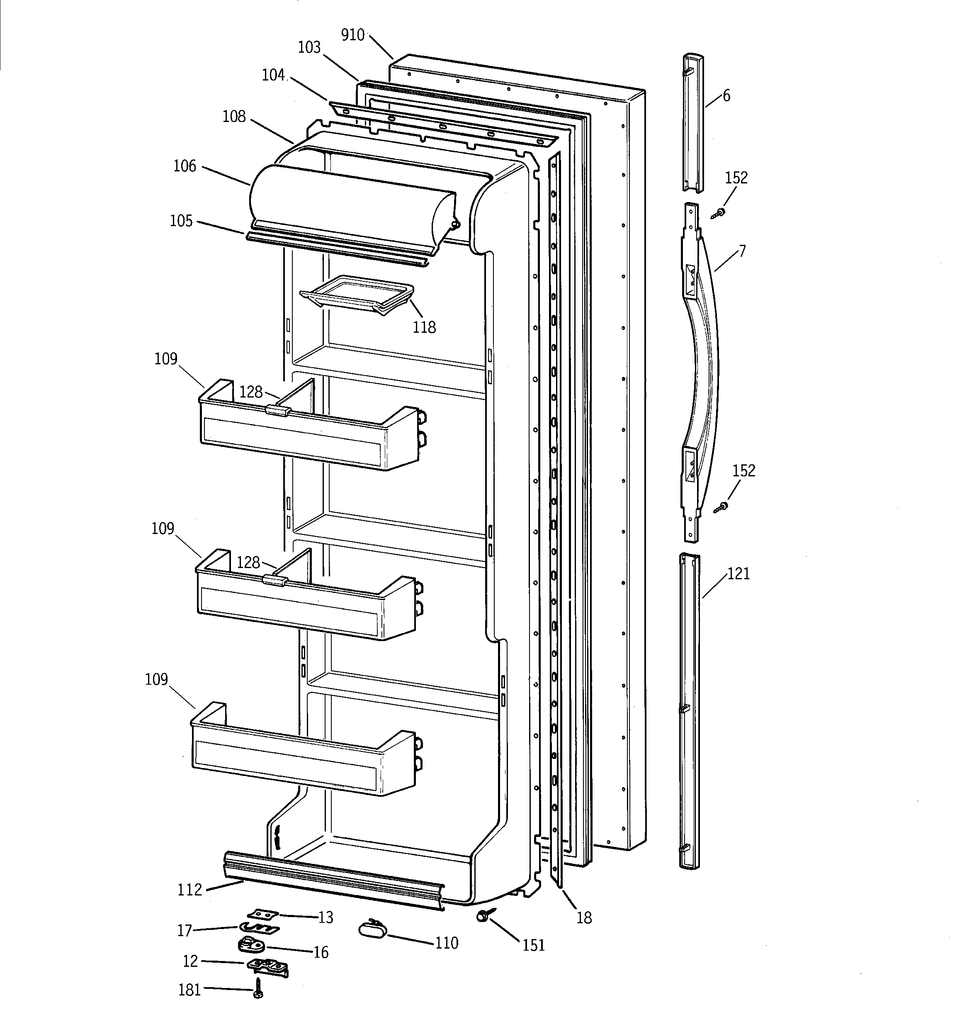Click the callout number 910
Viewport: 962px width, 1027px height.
(x=353, y=35)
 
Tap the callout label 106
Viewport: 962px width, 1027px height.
(x=185, y=166)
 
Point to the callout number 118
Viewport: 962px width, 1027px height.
(x=424, y=327)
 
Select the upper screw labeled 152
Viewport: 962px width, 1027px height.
(x=718, y=213)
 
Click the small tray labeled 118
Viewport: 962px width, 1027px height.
(x=356, y=295)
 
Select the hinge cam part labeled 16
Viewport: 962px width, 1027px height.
(x=250, y=945)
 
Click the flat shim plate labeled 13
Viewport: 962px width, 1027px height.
(x=263, y=915)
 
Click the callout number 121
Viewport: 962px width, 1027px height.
(x=739, y=573)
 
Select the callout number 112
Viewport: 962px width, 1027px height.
(x=189, y=890)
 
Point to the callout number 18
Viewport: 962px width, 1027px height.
(x=584, y=917)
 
